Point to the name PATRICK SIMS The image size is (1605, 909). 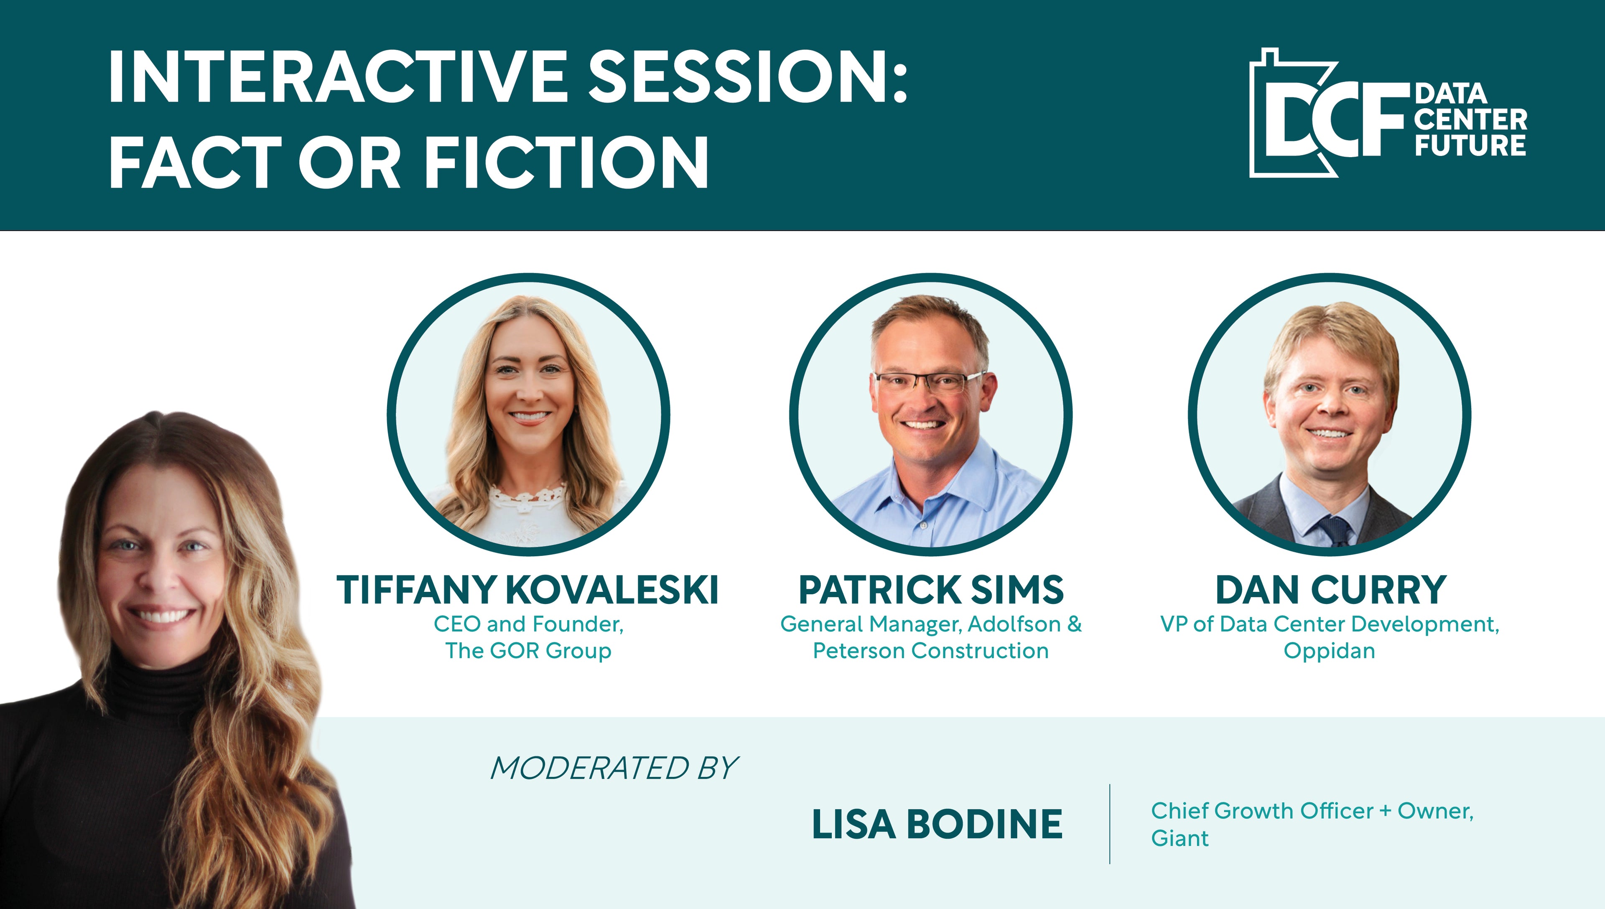click(931, 590)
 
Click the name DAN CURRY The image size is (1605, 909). click(1330, 590)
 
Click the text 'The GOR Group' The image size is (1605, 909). click(528, 651)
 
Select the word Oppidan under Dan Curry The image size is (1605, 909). click(1329, 651)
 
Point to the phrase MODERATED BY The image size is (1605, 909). click(614, 768)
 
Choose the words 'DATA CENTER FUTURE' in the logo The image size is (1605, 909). click(1470, 120)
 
